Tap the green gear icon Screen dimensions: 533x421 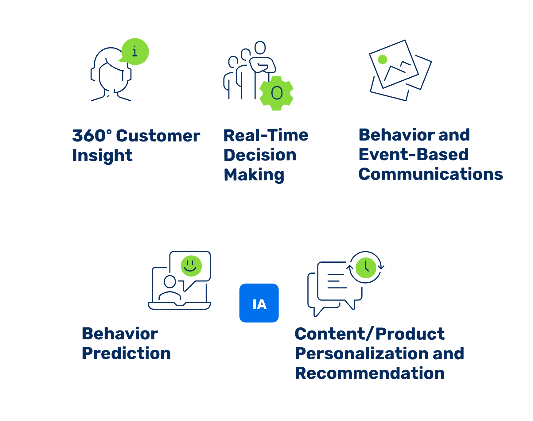coord(277,93)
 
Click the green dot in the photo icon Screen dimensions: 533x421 coord(383,60)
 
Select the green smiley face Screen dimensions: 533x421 coord(191,266)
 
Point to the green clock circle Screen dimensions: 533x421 coord(366,268)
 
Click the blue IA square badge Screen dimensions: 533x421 coord(259,303)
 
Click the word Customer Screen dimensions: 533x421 coord(158,136)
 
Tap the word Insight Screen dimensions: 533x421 coord(102,156)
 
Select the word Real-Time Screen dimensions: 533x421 coord(266,135)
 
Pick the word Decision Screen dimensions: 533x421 coord(260,155)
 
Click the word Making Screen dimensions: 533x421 coord(254,175)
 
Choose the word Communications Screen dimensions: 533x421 coord(431,174)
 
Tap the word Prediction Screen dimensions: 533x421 coord(126,353)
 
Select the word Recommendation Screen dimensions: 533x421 coord(370,373)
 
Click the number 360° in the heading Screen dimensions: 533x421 coord(92,136)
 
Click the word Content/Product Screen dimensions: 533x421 coord(370,334)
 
